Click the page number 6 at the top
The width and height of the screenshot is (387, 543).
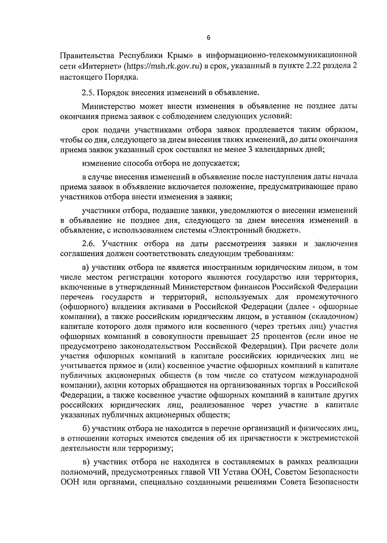click(x=208, y=38)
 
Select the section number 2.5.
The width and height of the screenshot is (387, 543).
click(x=88, y=93)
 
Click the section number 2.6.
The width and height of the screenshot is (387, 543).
click(x=88, y=244)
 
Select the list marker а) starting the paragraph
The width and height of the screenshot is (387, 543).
click(x=85, y=268)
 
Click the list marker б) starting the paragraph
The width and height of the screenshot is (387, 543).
click(x=86, y=429)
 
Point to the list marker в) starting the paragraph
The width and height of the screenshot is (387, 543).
click(x=86, y=462)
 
